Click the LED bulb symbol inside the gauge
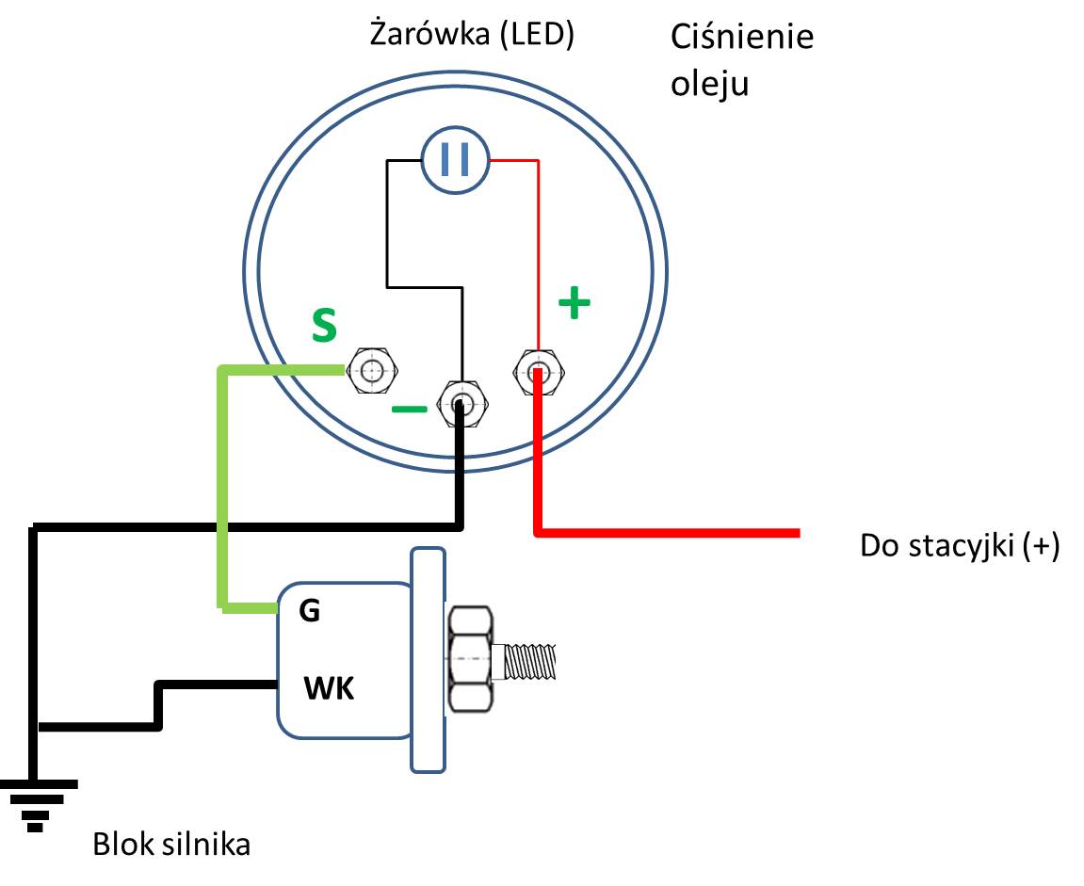tap(455, 161)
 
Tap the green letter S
tap(324, 326)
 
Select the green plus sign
tap(574, 303)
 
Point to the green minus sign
tap(409, 410)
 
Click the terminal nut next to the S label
tap(372, 370)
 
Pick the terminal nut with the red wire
tap(539, 370)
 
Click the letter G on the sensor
tap(309, 611)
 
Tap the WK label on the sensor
tap(329, 689)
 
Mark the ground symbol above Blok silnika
tap(37, 802)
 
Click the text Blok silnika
tap(171, 845)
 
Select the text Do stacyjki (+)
tap(960, 546)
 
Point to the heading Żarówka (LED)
tap(472, 37)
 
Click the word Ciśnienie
tap(741, 38)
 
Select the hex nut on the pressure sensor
tap(470, 659)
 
